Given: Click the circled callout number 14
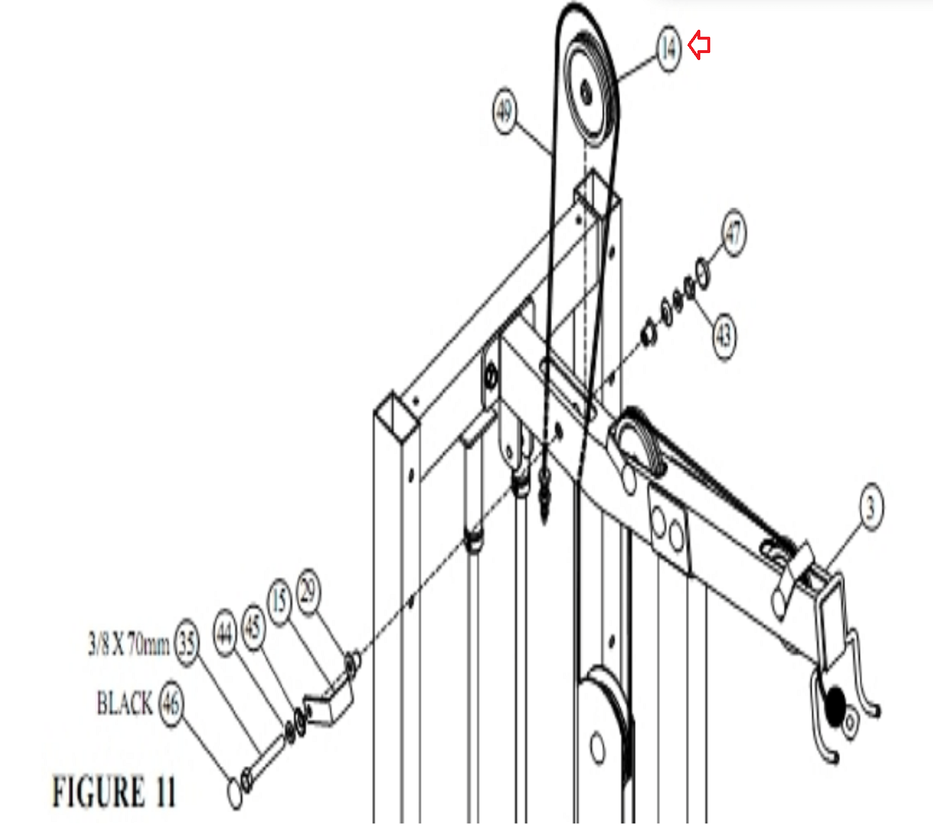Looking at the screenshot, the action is pos(669,48).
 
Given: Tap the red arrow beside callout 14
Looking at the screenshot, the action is pos(699,45).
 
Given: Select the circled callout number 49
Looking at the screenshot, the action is pos(504,110).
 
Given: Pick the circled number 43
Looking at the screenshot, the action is pos(724,336).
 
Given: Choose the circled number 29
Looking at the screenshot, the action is pos(308,592).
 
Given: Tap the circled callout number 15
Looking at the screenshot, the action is pos(280,601).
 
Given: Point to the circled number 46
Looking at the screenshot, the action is pos(170,704).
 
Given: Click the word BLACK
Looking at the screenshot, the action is pos(124,703).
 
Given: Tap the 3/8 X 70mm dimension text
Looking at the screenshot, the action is pos(129,644).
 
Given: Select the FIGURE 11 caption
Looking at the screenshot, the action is pos(114,792).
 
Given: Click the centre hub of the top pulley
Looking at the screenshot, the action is pos(586,92).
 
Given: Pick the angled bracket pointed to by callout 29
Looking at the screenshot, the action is pos(328,703).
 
